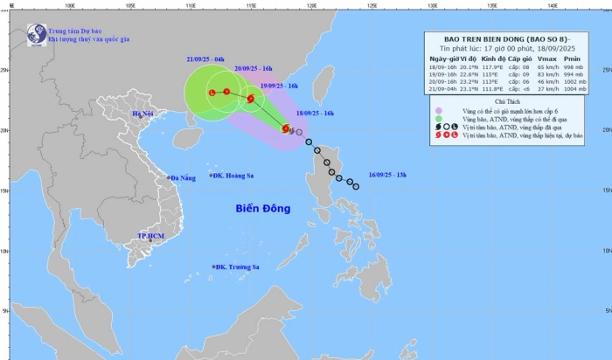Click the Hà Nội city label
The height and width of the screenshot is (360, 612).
pyautogui.click(x=142, y=114)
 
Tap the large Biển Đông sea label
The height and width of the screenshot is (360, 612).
pyautogui.click(x=262, y=209)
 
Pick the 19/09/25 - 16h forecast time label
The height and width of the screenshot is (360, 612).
pyautogui.click(x=279, y=87)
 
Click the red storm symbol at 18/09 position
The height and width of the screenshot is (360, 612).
pyautogui.click(x=285, y=129)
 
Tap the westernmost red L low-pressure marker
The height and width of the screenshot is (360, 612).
pyautogui.click(x=212, y=92)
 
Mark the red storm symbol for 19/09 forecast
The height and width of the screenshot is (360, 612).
pyautogui.click(x=251, y=99)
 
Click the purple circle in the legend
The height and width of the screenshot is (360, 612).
pyautogui.click(x=440, y=110)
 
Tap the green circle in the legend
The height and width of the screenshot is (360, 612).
pyautogui.click(x=440, y=119)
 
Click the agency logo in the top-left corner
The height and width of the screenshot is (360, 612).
pyautogui.click(x=36, y=35)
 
